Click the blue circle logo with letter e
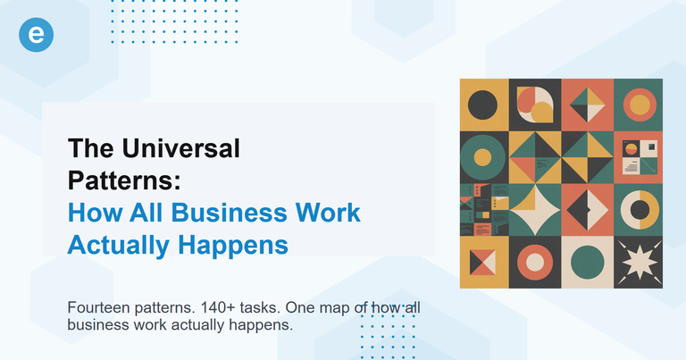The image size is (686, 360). tap(37, 34)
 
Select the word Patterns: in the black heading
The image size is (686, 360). tap(125, 180)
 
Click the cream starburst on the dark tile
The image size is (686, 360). tap(640, 263)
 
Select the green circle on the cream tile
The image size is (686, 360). tap(588, 263)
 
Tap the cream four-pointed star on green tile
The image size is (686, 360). tap(536, 210)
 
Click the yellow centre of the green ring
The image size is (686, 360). tap(483, 157)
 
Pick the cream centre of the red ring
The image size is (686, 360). tap(536, 263)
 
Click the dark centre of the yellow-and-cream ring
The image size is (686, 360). tap(640, 210)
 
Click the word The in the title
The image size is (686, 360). tap(89, 148)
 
